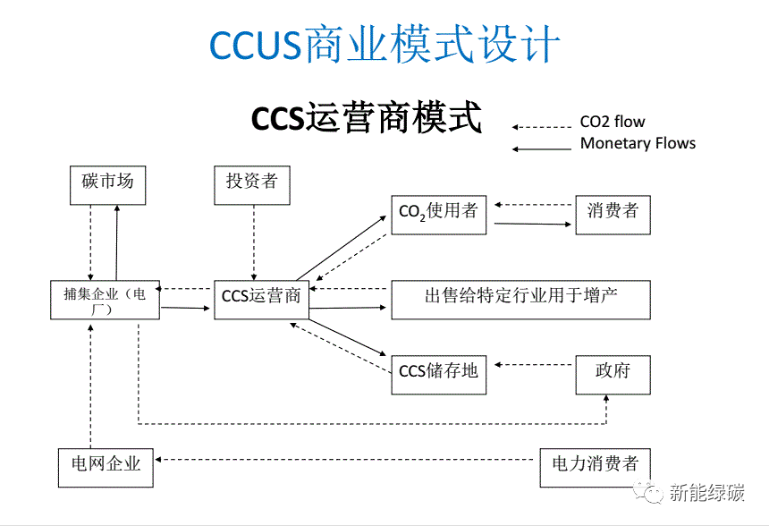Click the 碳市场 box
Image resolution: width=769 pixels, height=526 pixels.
click(107, 183)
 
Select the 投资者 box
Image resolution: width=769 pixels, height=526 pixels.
click(252, 183)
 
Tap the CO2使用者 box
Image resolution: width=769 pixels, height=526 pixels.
click(438, 213)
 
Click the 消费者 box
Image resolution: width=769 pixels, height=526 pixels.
click(613, 213)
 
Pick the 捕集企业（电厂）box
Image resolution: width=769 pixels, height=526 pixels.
click(106, 300)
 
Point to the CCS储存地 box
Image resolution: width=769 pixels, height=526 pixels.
click(438, 373)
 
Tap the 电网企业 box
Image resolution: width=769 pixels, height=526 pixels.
click(106, 465)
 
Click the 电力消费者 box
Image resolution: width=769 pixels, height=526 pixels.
click(595, 465)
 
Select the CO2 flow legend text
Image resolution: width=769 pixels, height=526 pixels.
click(613, 123)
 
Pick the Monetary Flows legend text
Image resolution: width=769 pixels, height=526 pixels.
click(638, 143)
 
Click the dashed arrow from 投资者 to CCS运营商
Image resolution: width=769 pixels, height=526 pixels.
click(253, 242)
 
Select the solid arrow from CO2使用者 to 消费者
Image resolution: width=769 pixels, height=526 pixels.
click(533, 224)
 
